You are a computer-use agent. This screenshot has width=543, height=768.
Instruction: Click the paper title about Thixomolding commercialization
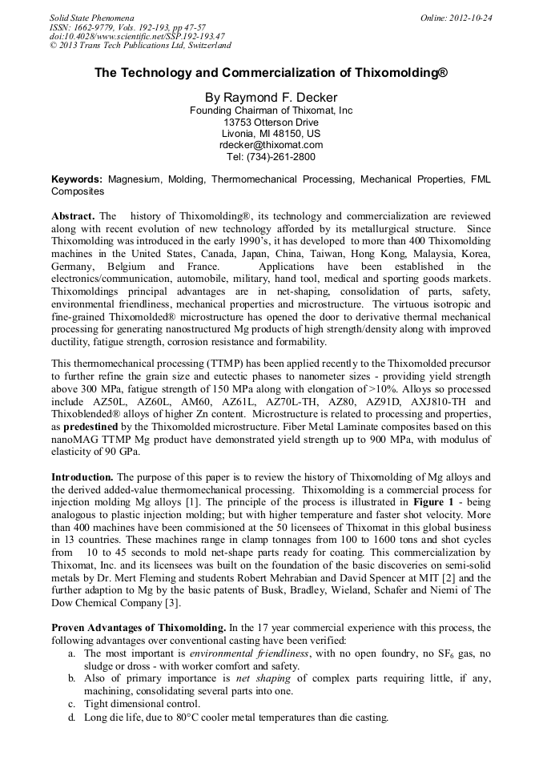[271, 72]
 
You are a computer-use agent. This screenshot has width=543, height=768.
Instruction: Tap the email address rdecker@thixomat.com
[271, 145]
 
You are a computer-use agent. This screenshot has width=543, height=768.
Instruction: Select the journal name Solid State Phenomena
[91, 18]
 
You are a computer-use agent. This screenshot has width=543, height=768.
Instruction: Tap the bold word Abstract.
[73, 217]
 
